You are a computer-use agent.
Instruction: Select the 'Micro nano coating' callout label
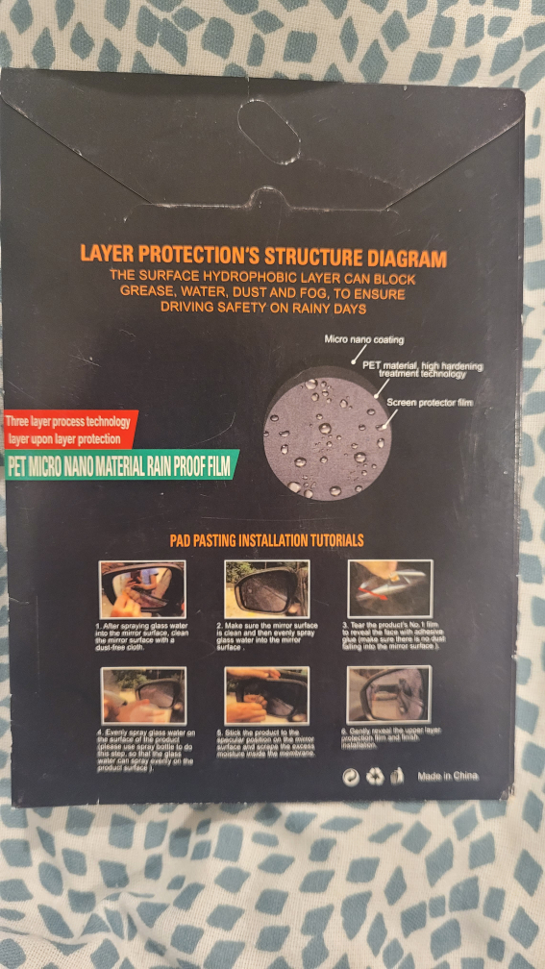coord(366,340)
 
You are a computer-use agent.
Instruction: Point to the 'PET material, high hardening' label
coord(422,366)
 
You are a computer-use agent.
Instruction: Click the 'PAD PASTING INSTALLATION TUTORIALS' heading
coord(266,540)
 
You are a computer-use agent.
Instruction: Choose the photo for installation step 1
coord(142,588)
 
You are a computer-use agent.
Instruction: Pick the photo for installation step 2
coord(266,588)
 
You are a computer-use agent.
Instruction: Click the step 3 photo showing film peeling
coord(390,588)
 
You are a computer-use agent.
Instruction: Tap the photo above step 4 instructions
coord(142,696)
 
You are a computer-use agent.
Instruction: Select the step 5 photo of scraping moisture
coord(266,696)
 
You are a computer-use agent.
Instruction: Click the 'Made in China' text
coord(447,776)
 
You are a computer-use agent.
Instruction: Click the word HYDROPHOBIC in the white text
coord(237,275)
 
